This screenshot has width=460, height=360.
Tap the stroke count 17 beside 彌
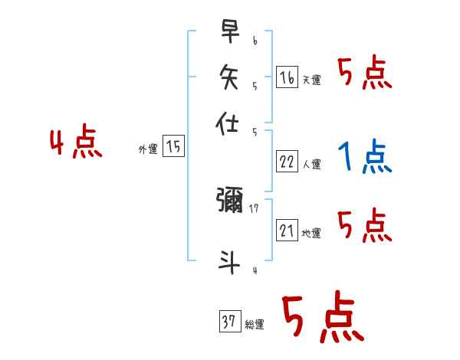click(254, 207)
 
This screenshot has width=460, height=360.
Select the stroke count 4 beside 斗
click(255, 270)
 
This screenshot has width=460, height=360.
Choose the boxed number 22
click(287, 161)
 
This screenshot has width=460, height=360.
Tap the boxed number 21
click(287, 231)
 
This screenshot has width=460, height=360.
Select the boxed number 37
click(228, 322)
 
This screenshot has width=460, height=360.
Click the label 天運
click(311, 80)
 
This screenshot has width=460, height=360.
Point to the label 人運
click(311, 164)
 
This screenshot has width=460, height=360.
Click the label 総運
click(254, 325)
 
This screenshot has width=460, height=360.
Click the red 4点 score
click(76, 144)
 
